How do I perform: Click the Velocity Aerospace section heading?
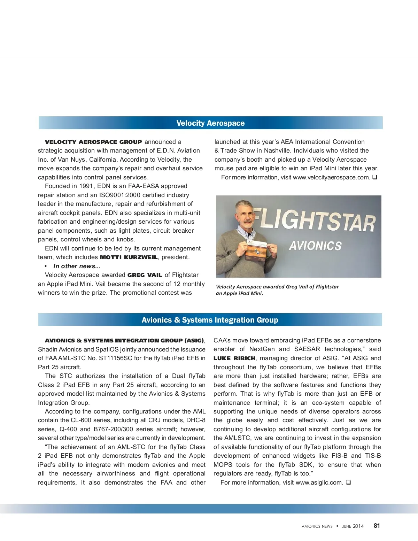point(210,123)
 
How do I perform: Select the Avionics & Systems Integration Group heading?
point(210,320)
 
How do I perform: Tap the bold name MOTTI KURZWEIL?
point(129,257)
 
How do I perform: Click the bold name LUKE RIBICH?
point(234,358)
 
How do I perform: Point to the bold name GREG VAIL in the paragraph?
point(145,275)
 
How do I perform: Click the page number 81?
point(377,526)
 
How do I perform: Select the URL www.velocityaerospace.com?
point(331,177)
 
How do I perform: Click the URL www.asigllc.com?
point(319,482)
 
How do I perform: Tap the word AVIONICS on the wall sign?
point(315,246)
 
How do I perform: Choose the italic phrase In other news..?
point(77,266)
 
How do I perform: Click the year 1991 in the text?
point(86,186)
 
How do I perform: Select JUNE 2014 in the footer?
point(353,526)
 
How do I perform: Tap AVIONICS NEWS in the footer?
point(317,526)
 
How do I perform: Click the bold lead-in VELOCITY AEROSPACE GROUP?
point(93,142)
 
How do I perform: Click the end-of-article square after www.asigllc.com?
point(348,482)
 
